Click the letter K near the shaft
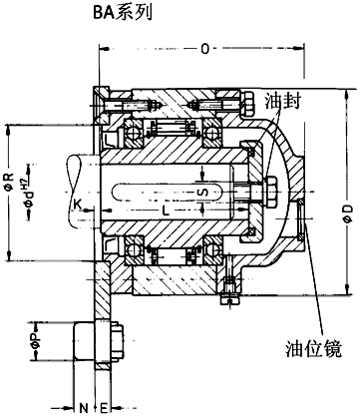coord(78,207)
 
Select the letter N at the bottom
coord(83,408)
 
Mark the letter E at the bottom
coord(103,408)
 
